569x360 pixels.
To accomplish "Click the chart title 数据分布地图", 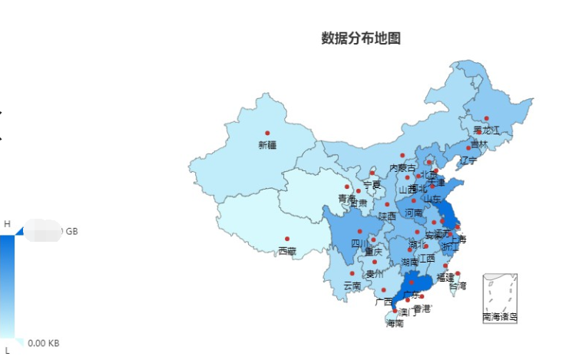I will coord(361,38).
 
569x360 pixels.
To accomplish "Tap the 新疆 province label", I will coord(267,145).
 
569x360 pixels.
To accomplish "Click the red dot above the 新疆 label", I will coord(267,134).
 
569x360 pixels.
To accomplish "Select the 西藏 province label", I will coord(286,251).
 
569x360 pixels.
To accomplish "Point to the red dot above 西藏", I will coord(287,239).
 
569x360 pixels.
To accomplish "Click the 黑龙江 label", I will coord(486,130).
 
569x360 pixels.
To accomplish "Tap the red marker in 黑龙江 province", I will coord(486,118).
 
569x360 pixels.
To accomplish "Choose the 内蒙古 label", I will coord(402,167).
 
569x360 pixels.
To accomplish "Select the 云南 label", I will coord(352,285).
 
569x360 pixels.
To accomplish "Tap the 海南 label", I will coord(395,323).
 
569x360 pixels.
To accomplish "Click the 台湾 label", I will coord(457,285).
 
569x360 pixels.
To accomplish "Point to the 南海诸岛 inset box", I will coord(500,298).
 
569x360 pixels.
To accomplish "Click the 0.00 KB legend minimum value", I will coord(44,343).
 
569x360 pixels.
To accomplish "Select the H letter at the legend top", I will coord(7,223).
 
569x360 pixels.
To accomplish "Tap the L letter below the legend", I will coord(7,350).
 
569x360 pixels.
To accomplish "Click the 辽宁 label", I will coord(468,160).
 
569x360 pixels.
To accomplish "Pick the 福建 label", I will coord(445,276).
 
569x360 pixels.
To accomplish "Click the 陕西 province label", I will coord(387,216).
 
